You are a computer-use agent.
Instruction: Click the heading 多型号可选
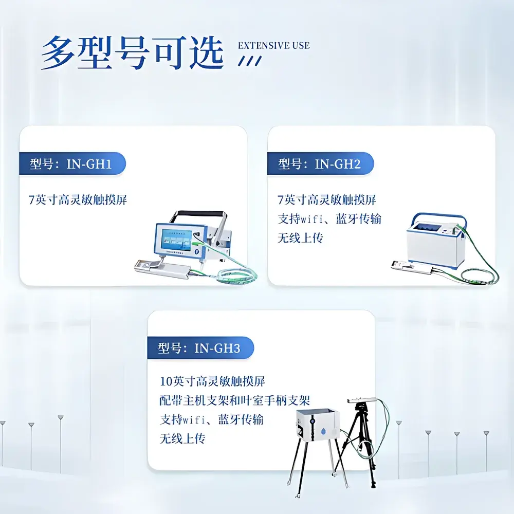(132, 53)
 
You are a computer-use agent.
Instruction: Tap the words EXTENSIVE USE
(273, 45)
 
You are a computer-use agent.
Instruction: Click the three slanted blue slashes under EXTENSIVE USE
(250, 61)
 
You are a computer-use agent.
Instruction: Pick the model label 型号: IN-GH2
(319, 164)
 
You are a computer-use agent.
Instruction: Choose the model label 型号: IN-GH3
(199, 348)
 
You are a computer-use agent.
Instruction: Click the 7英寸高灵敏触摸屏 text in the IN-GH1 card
(78, 199)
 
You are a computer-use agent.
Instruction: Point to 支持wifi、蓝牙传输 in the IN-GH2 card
(329, 218)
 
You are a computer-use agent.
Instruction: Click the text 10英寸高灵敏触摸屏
(212, 381)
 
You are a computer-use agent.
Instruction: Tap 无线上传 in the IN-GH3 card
(182, 438)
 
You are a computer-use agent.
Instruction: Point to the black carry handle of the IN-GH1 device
(200, 213)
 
